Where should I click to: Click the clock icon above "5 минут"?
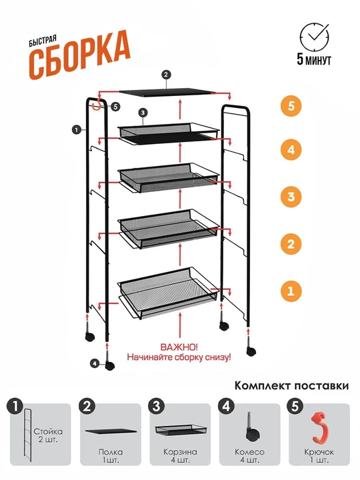click(315, 37)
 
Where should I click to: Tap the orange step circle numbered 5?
click(291, 106)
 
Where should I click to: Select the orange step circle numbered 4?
click(291, 150)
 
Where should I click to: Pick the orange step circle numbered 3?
click(291, 197)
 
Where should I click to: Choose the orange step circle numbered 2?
click(291, 244)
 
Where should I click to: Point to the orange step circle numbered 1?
click(291, 291)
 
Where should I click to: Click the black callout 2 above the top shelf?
click(166, 75)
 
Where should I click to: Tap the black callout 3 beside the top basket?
click(143, 113)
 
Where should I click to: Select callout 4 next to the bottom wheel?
click(95, 363)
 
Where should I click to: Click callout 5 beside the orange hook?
click(115, 107)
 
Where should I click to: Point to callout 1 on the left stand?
click(76, 130)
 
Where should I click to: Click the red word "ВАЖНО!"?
click(179, 347)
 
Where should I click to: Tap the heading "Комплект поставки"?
click(291, 385)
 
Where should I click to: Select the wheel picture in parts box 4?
click(253, 427)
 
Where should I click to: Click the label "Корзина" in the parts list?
click(180, 452)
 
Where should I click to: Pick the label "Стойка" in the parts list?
click(48, 431)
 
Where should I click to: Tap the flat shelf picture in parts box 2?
click(111, 431)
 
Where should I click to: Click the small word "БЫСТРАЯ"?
click(43, 41)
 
